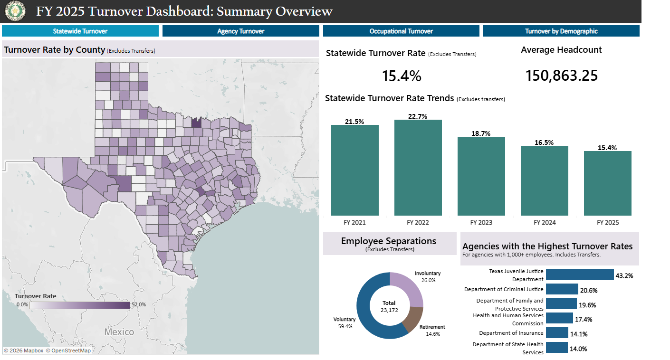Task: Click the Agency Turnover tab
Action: pos(240,31)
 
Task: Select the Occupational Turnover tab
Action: pos(401,31)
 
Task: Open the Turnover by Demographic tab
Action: pos(561,31)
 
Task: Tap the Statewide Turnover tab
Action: pos(80,31)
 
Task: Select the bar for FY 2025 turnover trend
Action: pos(607,183)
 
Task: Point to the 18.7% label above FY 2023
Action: pos(481,133)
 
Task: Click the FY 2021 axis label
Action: pos(354,223)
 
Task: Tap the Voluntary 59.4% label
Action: pos(344,323)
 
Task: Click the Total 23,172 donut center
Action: pos(389,306)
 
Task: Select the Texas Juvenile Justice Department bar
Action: pos(580,275)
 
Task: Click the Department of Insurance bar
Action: pos(556,333)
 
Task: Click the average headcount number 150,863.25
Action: pos(561,76)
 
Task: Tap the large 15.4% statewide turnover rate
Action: pos(402,76)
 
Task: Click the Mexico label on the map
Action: pos(119,332)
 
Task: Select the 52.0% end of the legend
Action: pos(138,305)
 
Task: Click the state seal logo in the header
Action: pos(13,11)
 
